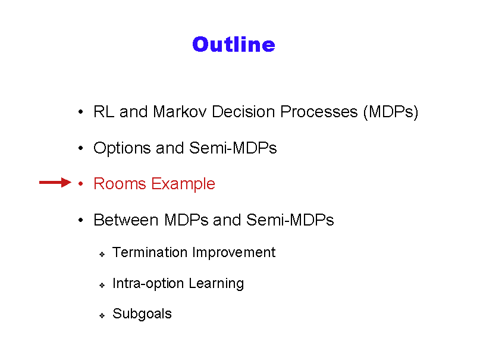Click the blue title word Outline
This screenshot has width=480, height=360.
(x=234, y=45)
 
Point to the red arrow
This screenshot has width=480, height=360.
(x=55, y=183)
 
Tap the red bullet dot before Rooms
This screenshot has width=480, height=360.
(x=80, y=183)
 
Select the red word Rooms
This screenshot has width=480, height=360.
(x=120, y=184)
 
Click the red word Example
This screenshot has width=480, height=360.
(x=183, y=184)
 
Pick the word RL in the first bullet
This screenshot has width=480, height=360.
(x=103, y=111)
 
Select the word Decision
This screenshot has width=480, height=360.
(x=243, y=111)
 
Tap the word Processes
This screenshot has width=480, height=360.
(x=319, y=111)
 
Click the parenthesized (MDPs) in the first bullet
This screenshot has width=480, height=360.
(x=391, y=112)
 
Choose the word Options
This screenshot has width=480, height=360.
(x=122, y=149)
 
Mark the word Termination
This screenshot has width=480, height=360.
(x=150, y=252)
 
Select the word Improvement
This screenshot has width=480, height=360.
(x=234, y=253)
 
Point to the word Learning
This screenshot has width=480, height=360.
(x=216, y=284)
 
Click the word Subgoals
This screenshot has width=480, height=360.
(x=142, y=314)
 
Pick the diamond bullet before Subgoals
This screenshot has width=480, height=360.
(x=102, y=315)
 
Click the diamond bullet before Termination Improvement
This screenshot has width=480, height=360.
(x=102, y=255)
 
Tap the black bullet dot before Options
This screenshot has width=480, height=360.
(x=80, y=148)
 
